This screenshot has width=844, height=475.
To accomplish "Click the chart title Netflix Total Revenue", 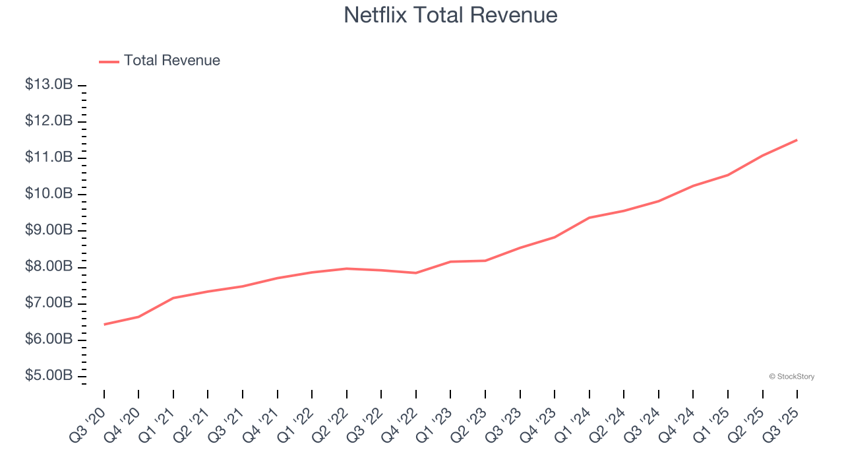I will pos(450,15).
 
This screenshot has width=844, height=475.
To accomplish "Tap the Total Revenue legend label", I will pos(171,61).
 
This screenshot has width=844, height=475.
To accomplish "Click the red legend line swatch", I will pos(109,61).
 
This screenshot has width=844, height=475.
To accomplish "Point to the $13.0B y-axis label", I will pos(49,85).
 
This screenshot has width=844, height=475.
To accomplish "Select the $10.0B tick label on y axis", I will pos(49,194).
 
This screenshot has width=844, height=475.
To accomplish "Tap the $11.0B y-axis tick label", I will pos(49,158).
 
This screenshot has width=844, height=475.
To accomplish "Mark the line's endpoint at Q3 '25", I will pos(797,140).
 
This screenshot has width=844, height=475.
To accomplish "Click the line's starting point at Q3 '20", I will pos(104,324).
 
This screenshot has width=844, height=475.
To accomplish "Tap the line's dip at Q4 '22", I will pos(416,272).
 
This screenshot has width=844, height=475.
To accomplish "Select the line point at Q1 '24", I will pos(589,218).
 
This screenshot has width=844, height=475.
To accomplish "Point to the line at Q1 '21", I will pos(173,298).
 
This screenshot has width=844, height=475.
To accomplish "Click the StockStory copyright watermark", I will pos(791,377).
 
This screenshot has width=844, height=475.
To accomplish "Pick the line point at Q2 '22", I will pos(347,269).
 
